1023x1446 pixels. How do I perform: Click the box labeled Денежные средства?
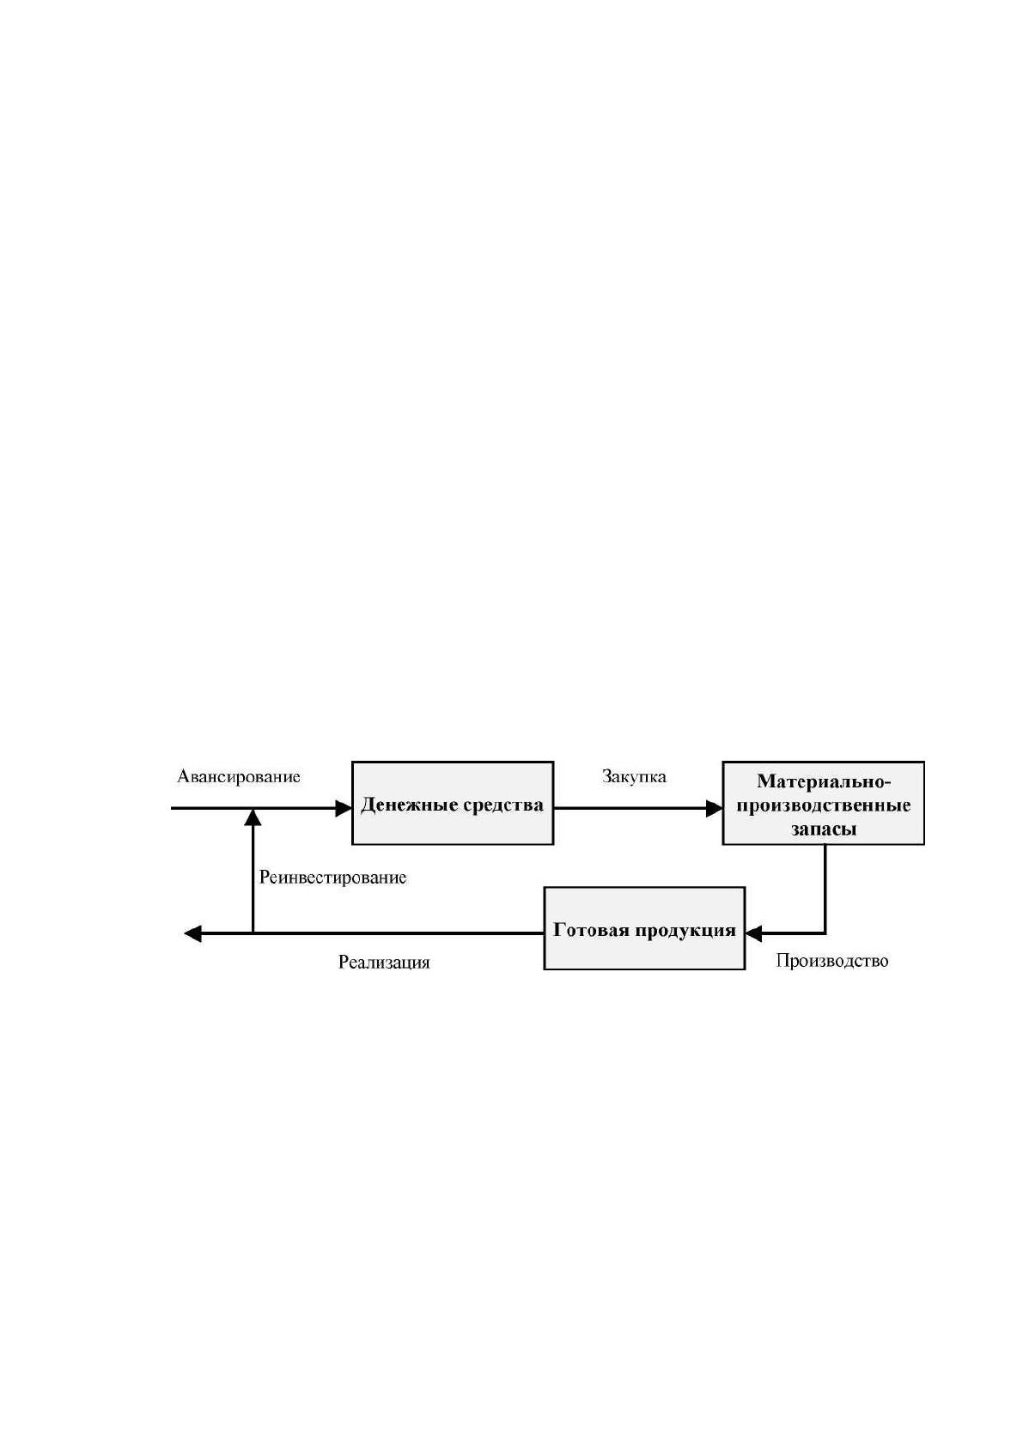click(452, 803)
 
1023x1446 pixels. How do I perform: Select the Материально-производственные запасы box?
click(824, 803)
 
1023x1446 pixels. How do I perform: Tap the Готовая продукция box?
click(644, 928)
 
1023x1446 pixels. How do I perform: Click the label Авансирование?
click(239, 776)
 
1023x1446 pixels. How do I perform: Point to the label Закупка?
click(634, 776)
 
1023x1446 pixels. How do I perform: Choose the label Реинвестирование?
click(332, 878)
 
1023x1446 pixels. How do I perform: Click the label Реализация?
click(384, 963)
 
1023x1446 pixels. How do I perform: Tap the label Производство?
click(831, 961)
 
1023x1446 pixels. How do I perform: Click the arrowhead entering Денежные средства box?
click(344, 807)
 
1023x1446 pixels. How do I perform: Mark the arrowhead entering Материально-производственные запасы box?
click(715, 807)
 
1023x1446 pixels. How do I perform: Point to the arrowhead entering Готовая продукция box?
click(753, 933)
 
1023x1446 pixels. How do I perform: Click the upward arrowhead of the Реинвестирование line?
click(253, 817)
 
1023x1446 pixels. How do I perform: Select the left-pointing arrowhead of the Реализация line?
click(192, 933)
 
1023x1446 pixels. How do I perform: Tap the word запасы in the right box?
click(824, 829)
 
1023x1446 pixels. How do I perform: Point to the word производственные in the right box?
click(824, 805)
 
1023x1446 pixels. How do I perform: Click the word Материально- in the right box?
click(824, 781)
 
